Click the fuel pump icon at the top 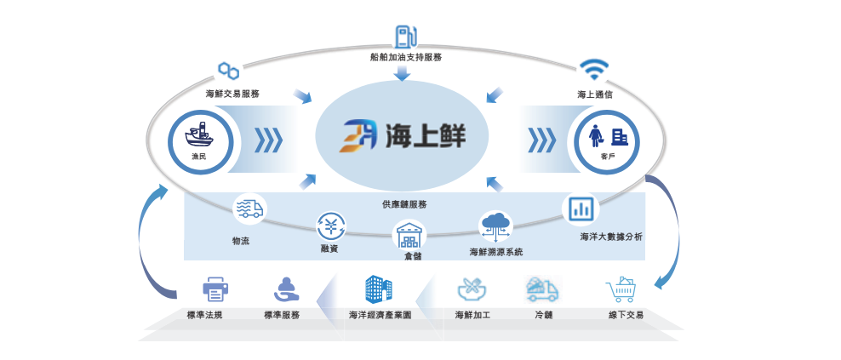coord(405,36)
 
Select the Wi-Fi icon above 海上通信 coord(592,68)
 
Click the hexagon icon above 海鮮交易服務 coord(228,70)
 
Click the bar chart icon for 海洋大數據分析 coord(582,209)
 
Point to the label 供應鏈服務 coord(403,204)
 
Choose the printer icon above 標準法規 coord(215,290)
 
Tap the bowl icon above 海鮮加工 coord(472,289)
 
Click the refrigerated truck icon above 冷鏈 coord(542,289)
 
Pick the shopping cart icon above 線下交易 coord(622,290)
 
